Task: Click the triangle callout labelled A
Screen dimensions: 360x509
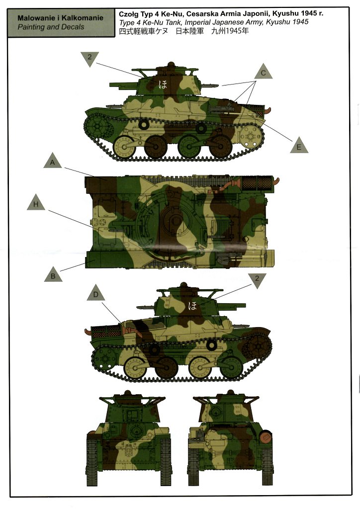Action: [x=53, y=161]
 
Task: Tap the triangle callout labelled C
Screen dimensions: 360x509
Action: [x=263, y=73]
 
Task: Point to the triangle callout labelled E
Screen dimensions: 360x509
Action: [x=299, y=146]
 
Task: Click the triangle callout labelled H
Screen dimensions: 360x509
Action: [x=36, y=203]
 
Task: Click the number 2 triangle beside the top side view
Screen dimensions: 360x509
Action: [x=90, y=58]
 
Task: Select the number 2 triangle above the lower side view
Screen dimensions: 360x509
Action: [x=257, y=279]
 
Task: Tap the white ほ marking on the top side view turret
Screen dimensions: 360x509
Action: [x=163, y=85]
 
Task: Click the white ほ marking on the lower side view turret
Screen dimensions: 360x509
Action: [x=192, y=306]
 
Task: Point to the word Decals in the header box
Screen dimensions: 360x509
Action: [x=73, y=27]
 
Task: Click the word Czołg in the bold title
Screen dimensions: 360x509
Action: [x=128, y=14]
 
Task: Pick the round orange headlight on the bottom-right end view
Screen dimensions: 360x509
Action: [x=266, y=436]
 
